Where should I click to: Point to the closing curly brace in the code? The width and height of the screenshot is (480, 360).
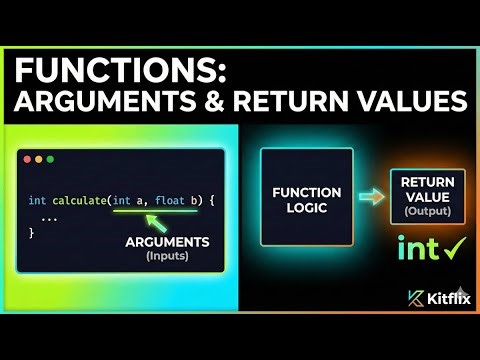(32, 232)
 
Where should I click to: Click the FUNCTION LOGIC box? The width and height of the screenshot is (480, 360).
(307, 198)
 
